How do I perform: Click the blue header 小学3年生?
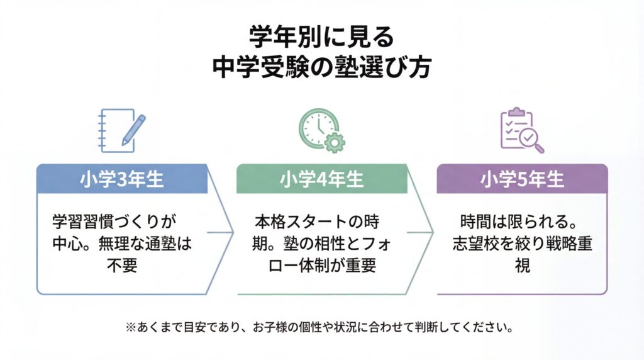click(122, 179)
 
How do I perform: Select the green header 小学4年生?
click(321, 179)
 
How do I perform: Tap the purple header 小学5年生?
click(522, 179)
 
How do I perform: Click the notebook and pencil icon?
click(122, 131)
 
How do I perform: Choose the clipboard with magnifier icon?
click(521, 131)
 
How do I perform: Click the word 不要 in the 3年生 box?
click(122, 265)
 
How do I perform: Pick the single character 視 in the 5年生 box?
click(521, 265)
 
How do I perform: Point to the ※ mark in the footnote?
click(131, 328)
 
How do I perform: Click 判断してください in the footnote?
click(465, 328)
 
